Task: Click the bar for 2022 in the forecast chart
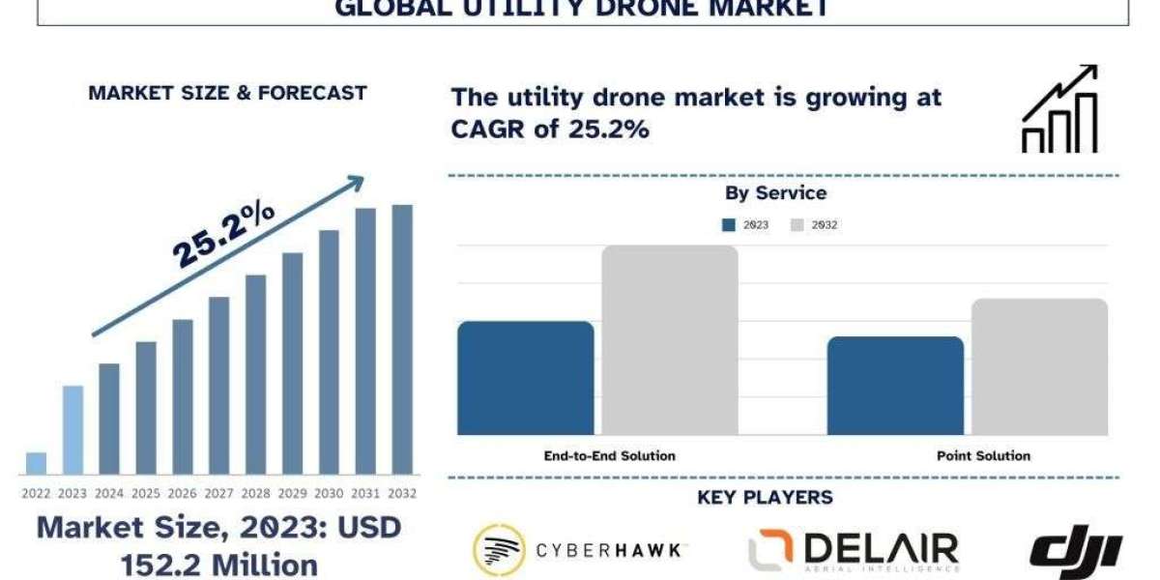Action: click(36, 464)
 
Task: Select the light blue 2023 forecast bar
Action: click(72, 430)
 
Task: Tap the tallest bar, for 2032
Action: click(401, 339)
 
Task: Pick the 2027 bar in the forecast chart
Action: click(219, 386)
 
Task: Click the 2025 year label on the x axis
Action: click(146, 493)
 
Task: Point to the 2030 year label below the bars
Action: click(329, 493)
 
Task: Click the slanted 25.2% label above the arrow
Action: click(223, 236)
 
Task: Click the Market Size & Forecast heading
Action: click(227, 93)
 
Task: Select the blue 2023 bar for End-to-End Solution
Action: click(525, 378)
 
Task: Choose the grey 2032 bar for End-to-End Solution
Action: click(670, 340)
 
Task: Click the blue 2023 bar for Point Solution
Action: click(895, 386)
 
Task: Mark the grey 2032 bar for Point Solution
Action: click(1039, 366)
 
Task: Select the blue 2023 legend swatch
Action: click(729, 225)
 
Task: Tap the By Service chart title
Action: click(775, 193)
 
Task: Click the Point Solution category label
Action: click(983, 455)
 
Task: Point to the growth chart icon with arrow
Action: click(1059, 109)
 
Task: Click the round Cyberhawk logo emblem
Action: click(499, 550)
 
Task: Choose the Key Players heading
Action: click(764, 498)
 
